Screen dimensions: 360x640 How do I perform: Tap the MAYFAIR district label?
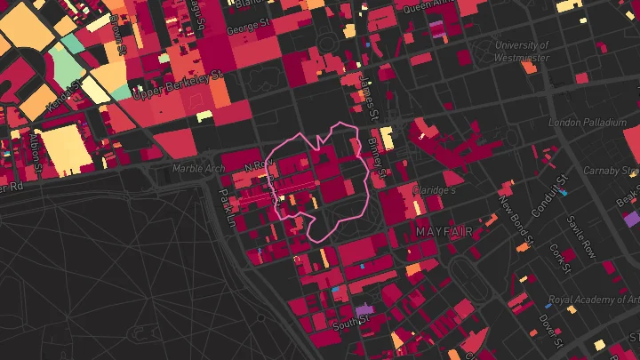pyautogui.click(x=444, y=231)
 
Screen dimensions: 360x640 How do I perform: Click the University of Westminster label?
pyautogui.click(x=522, y=51)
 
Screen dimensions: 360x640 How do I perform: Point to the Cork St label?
pyautogui.click(x=559, y=259)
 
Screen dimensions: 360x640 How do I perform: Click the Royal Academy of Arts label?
pyautogui.click(x=593, y=300)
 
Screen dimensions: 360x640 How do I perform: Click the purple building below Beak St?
pyautogui.click(x=632, y=219)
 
